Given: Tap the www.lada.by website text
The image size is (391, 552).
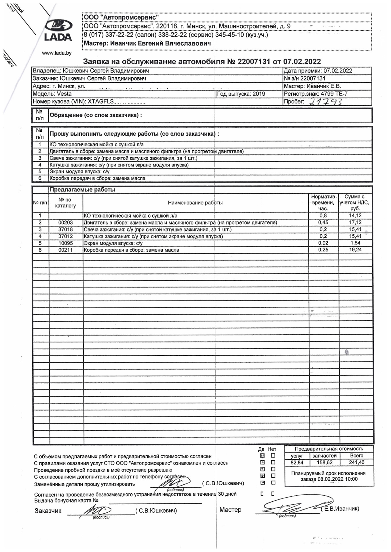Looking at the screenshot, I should click(x=57, y=53).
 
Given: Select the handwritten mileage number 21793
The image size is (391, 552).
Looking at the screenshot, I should click(x=326, y=101).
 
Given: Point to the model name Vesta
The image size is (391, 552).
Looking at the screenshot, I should click(x=64, y=94).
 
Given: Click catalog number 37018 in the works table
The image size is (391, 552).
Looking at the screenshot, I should click(x=66, y=229).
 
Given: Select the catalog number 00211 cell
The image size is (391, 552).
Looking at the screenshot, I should click(x=66, y=250).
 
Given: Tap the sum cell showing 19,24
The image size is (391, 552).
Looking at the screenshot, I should click(x=355, y=250).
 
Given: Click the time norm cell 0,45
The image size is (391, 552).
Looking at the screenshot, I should click(x=323, y=223).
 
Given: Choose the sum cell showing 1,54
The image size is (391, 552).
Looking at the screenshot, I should click(x=355, y=243).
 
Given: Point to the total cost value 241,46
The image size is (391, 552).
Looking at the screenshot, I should click(x=357, y=463).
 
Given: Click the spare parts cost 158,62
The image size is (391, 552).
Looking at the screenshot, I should click(x=324, y=463).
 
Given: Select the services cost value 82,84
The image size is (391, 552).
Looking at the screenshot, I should click(x=297, y=463).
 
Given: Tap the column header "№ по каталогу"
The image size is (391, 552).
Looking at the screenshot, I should click(x=65, y=203).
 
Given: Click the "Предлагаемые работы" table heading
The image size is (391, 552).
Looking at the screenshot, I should click(x=82, y=190).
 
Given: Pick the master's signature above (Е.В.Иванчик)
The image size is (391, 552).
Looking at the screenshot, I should click(x=291, y=507).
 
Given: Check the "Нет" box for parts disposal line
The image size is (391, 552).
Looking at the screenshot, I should click(x=273, y=483).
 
